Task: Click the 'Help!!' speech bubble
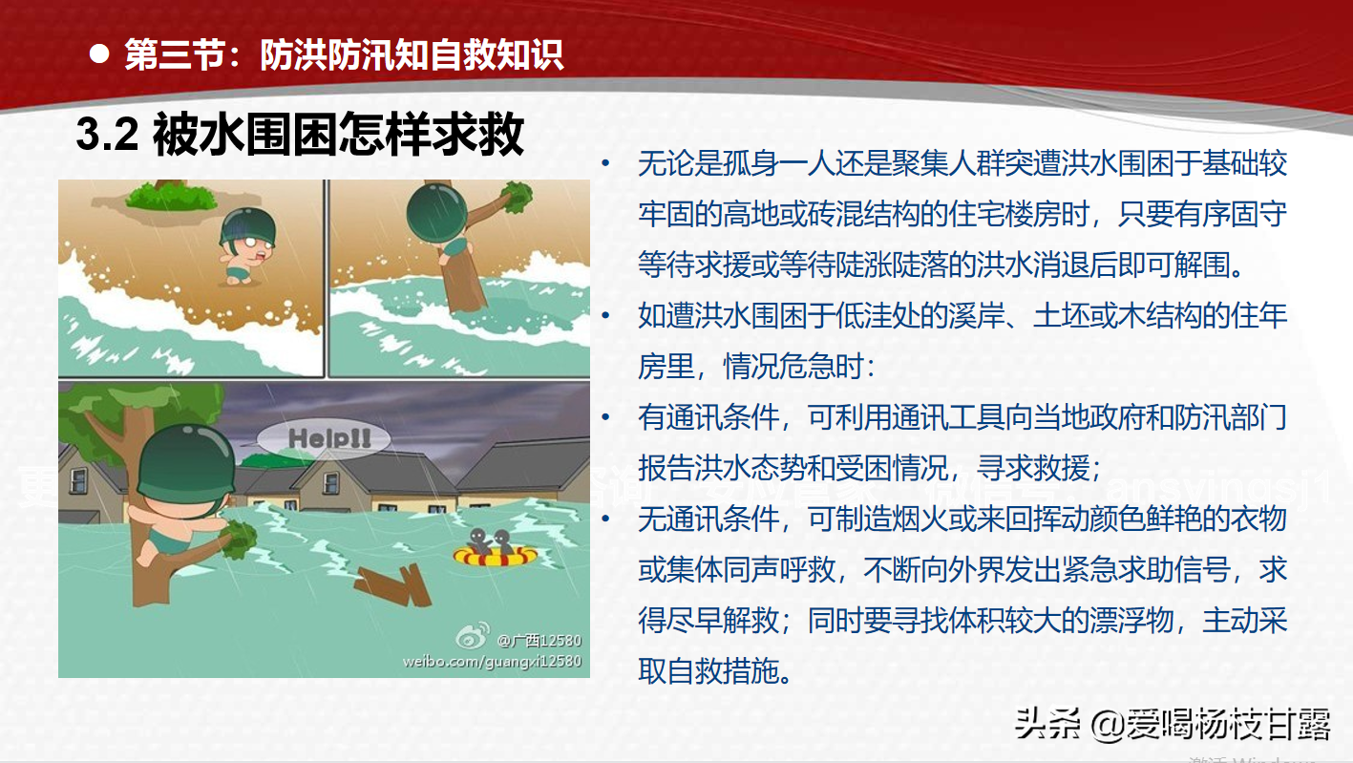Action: click(x=326, y=439)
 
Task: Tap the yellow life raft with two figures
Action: click(x=495, y=556)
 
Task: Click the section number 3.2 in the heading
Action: click(x=108, y=136)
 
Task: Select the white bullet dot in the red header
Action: click(x=98, y=53)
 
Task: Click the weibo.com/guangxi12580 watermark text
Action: click(x=492, y=660)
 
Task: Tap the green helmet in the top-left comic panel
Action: click(x=247, y=227)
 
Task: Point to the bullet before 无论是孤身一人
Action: click(x=605, y=164)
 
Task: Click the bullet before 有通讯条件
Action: click(x=605, y=417)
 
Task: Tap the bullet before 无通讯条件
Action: click(x=605, y=519)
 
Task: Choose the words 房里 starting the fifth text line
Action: click(x=666, y=367)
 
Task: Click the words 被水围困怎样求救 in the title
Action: click(x=338, y=135)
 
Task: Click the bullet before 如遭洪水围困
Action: click(x=605, y=316)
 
